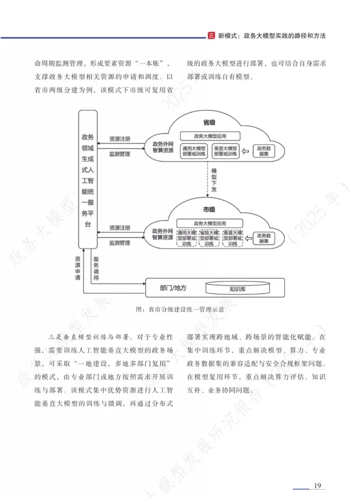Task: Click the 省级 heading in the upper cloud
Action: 209,122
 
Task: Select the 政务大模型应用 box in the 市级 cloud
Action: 213,223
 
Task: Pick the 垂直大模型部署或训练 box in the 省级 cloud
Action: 226,151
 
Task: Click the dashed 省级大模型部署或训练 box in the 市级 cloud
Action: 210,238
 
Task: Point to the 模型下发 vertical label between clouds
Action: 214,181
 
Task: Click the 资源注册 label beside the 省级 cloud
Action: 120,139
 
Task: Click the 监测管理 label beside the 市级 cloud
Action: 120,243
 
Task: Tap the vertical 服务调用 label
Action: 95,269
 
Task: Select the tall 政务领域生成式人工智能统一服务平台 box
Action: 88,179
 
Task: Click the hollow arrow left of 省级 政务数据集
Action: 247,151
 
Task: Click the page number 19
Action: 318,485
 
